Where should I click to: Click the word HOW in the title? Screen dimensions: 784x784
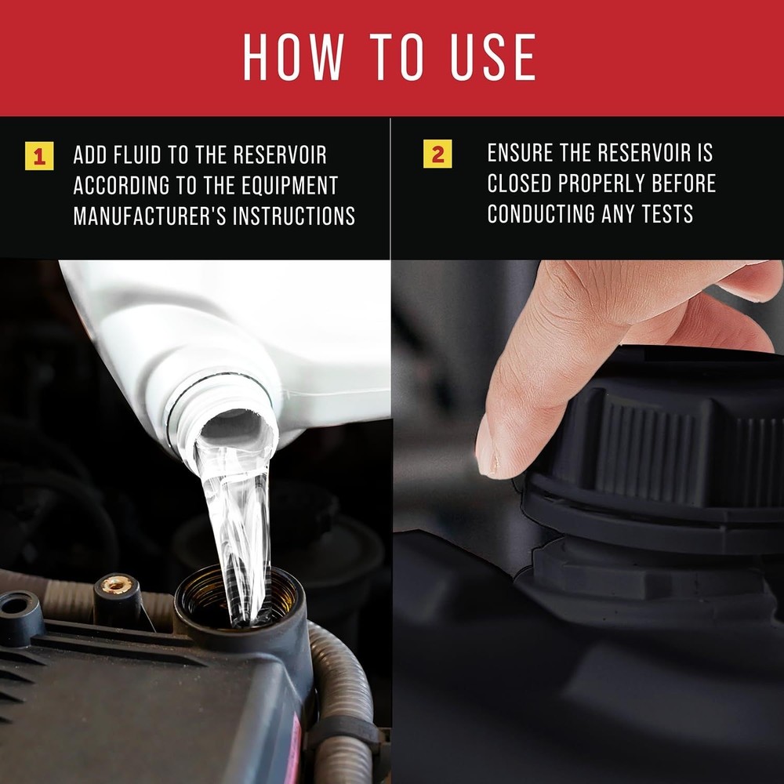293,57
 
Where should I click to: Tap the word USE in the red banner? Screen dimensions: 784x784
493,57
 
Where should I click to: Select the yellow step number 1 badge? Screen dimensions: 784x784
39,156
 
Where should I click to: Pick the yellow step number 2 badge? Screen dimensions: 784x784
437,154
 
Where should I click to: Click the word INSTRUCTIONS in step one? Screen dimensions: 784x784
294,216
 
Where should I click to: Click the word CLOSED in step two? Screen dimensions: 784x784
519,183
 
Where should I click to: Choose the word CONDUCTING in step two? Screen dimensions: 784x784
540,214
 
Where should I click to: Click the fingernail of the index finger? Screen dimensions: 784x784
485,458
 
